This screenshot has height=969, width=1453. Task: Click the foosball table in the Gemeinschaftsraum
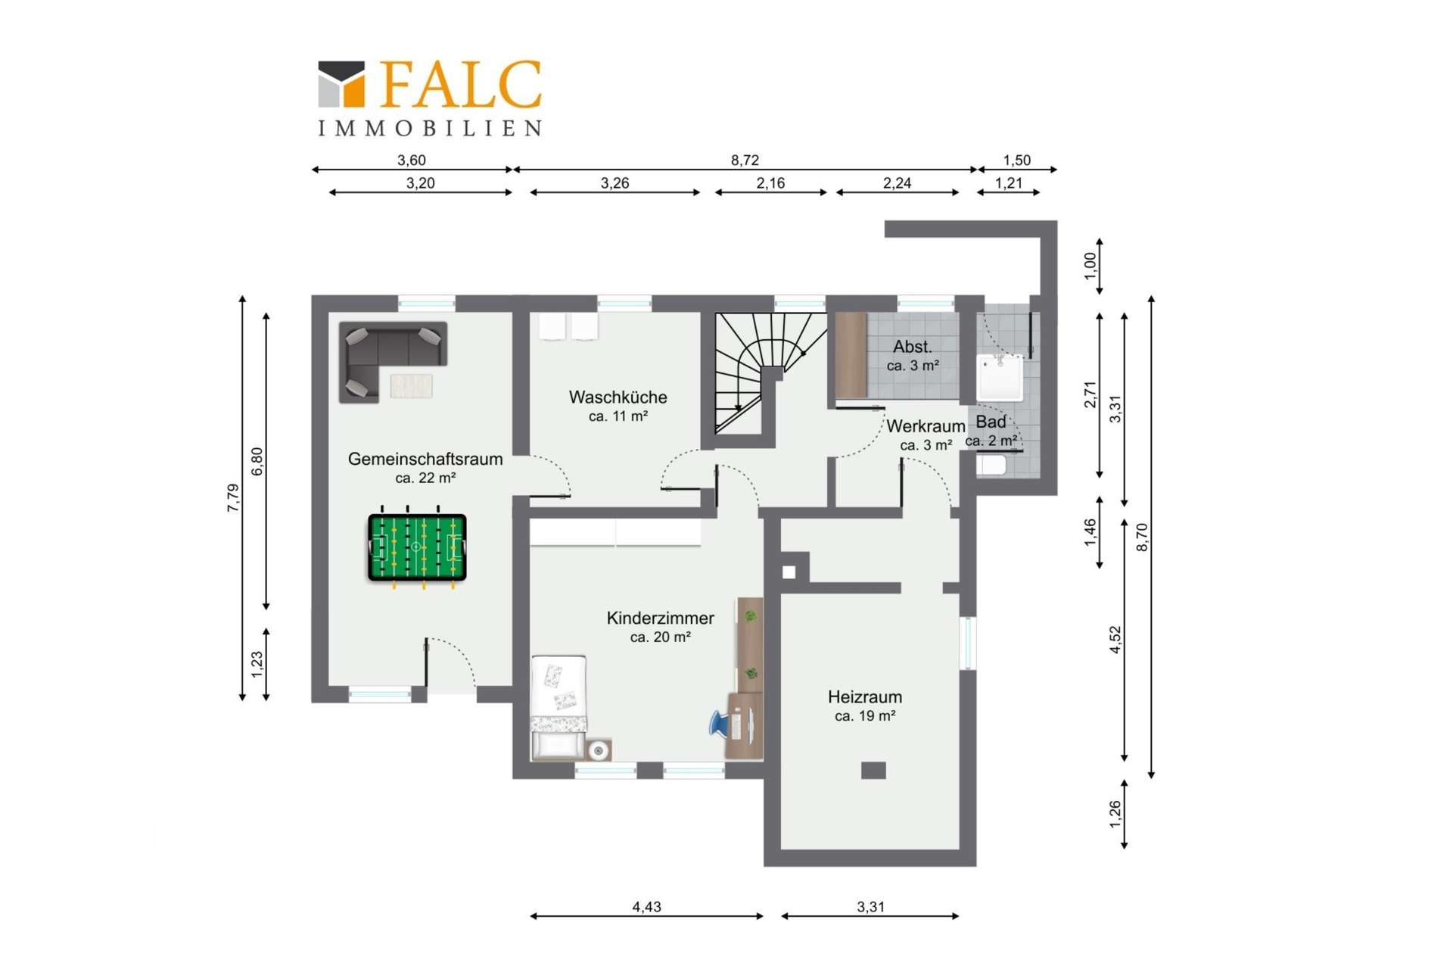[x=417, y=547]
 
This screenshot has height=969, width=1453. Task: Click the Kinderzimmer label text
[x=660, y=618]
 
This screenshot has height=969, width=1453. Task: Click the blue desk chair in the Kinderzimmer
[x=719, y=723]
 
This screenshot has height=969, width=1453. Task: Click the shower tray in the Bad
[x=1000, y=377]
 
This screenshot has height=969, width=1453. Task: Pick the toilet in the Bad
[x=991, y=464]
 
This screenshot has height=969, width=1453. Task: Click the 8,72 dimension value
[x=745, y=160]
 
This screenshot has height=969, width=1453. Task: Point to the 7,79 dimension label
[x=233, y=498]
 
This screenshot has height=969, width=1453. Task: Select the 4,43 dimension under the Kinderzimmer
[x=647, y=907]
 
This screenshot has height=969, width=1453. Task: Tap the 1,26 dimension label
[x=1115, y=814]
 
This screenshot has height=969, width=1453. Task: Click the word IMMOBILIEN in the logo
[x=430, y=129]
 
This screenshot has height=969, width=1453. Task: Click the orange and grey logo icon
[x=341, y=84]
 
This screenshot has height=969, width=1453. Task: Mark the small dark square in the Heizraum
[x=873, y=771]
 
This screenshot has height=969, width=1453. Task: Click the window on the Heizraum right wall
[x=968, y=643]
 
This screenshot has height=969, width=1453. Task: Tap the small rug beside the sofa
[x=412, y=385]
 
